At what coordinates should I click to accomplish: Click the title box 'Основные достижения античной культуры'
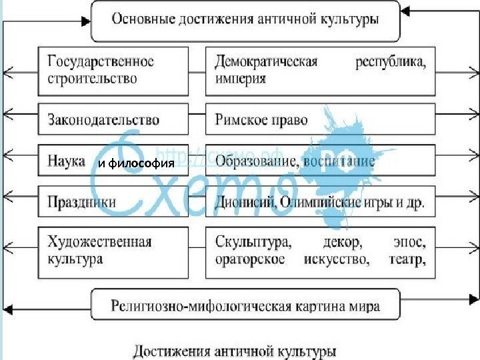pyautogui.click(x=245, y=21)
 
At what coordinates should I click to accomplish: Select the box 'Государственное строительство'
pyautogui.click(x=113, y=70)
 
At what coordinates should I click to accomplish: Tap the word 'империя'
pyautogui.click(x=241, y=79)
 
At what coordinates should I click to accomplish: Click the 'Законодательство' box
pyautogui.click(x=113, y=120)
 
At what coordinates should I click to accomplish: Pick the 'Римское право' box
pyautogui.click(x=320, y=120)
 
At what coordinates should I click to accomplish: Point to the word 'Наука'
pyautogui.click(x=67, y=161)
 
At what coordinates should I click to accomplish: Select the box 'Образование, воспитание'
pyautogui.click(x=320, y=161)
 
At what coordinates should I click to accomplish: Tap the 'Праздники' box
pyautogui.click(x=113, y=201)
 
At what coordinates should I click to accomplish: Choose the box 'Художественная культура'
pyautogui.click(x=113, y=250)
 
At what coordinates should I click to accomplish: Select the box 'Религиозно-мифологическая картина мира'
pyautogui.click(x=245, y=307)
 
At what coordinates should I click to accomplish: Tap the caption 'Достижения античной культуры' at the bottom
pyautogui.click(x=235, y=349)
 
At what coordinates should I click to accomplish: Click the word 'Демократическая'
pyautogui.click(x=266, y=61)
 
